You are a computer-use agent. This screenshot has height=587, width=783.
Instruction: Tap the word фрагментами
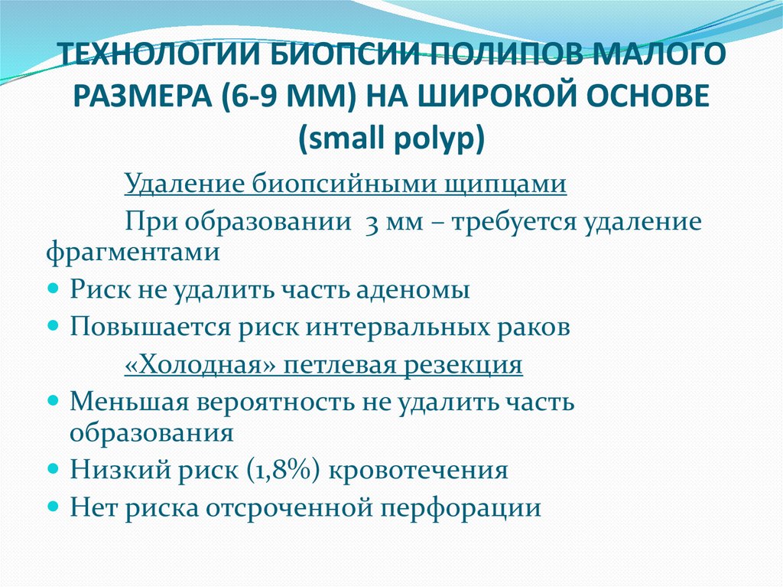pyautogui.click(x=132, y=251)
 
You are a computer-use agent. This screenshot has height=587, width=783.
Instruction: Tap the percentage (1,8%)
pyautogui.click(x=286, y=469)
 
